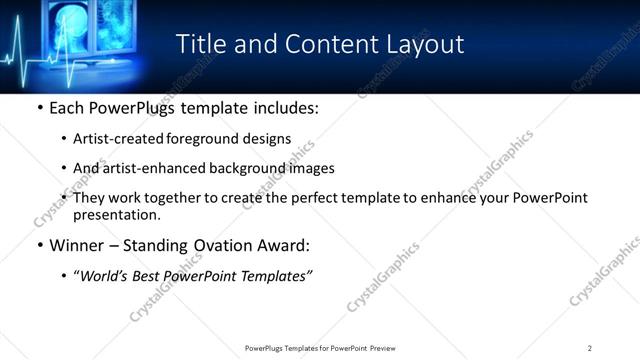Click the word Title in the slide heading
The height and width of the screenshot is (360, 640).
199,44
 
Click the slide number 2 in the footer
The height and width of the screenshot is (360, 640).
590,348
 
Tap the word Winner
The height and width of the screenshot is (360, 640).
76,244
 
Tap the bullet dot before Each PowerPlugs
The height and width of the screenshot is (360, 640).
39,106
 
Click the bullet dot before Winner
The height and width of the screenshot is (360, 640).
39,244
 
